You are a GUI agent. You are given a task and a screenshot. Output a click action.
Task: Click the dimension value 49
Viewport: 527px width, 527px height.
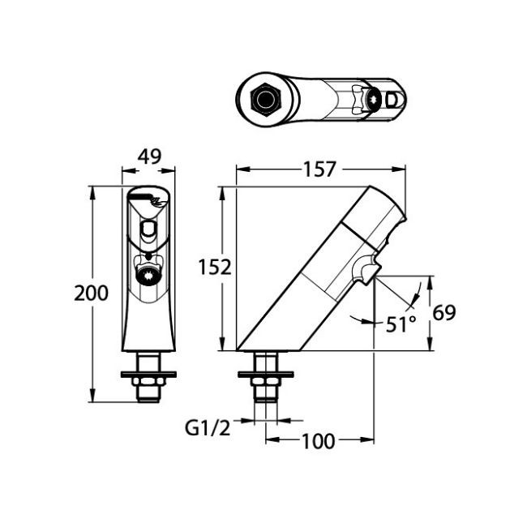pos(148,156)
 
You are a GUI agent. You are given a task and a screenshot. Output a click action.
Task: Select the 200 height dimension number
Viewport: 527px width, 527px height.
pos(91,293)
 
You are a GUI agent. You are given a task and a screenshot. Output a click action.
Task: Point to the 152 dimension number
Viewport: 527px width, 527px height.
pos(216,267)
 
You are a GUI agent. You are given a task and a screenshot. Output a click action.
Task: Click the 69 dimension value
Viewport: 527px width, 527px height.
pos(444,312)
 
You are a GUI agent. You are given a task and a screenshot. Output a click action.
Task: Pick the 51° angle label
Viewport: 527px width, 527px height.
pos(399,323)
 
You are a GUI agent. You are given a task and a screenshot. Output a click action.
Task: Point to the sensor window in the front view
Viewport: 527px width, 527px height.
pos(148,231)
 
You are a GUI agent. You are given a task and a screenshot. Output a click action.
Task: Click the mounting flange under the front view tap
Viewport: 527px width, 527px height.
pos(148,375)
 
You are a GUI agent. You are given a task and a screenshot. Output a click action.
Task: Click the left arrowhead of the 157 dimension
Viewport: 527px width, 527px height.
pos(241,169)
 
